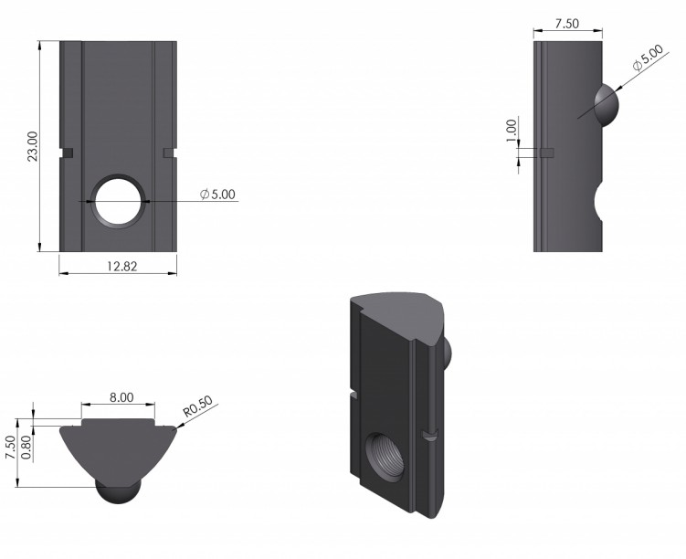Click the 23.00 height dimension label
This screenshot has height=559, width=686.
coord(33,146)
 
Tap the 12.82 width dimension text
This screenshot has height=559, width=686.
coord(122,267)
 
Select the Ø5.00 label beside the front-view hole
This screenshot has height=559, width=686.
coord(217,195)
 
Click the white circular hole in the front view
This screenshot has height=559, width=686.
coord(119,202)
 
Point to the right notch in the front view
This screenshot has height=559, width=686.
coord(169,153)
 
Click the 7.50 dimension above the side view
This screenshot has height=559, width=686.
coord(567,24)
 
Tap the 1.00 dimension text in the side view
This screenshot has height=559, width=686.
coord(512,131)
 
